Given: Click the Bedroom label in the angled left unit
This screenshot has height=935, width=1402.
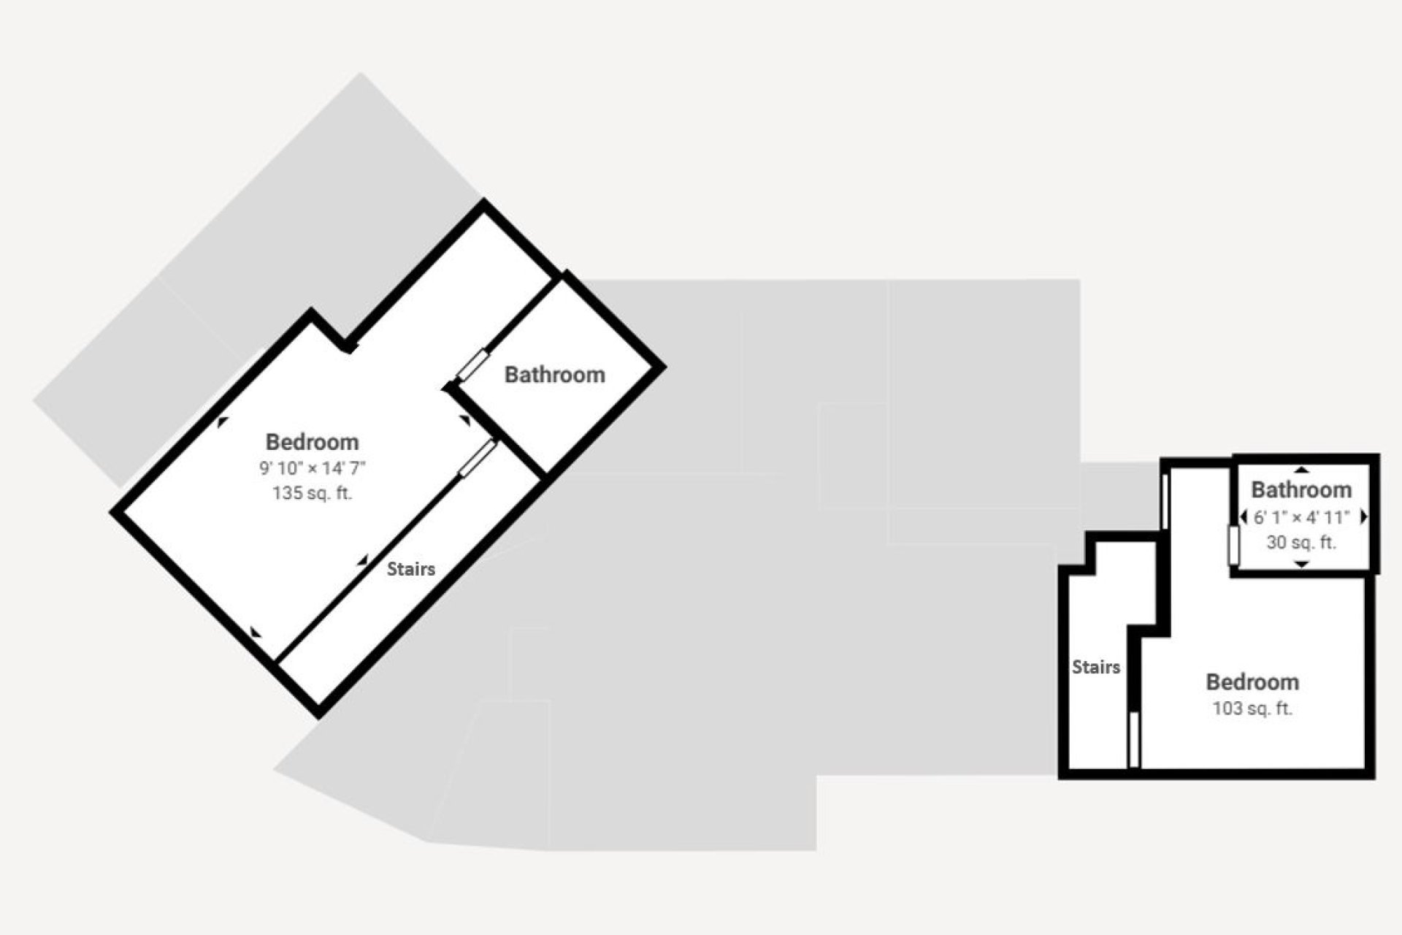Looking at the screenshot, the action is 312,442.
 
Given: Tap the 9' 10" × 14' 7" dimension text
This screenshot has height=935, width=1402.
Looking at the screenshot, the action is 312,468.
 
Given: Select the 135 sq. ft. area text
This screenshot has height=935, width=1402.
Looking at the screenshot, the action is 312,493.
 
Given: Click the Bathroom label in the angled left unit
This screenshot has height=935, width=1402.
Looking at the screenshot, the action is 555,375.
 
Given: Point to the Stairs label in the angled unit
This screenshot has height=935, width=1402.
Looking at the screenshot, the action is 411,569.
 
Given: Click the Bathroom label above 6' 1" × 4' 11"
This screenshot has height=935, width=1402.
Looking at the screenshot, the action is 1301,489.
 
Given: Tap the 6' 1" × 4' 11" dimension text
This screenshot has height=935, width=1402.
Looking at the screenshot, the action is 1301,517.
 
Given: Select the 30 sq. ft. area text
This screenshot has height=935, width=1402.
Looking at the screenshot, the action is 1301,543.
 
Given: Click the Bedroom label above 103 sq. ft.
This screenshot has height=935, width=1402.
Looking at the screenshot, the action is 1252,682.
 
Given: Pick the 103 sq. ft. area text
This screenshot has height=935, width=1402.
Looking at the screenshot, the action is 1252,709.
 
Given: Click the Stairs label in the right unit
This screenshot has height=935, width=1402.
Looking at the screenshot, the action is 1096,667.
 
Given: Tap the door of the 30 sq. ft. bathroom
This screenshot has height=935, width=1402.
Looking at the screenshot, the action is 1234,546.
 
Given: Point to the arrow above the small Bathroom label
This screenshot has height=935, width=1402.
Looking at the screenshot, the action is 1301,470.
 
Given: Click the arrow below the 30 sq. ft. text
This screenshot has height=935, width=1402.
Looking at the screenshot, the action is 1301,564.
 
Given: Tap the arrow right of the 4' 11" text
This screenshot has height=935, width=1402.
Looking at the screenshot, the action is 1363,517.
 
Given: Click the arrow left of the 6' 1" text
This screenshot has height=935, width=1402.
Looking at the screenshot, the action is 1243,517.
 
